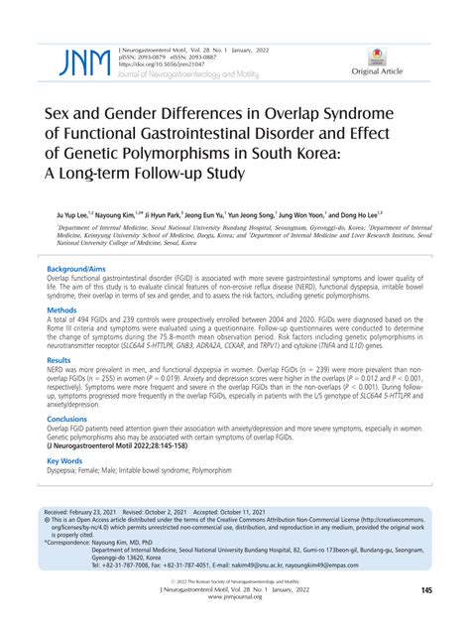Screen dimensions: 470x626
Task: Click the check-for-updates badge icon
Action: tap(378, 54)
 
